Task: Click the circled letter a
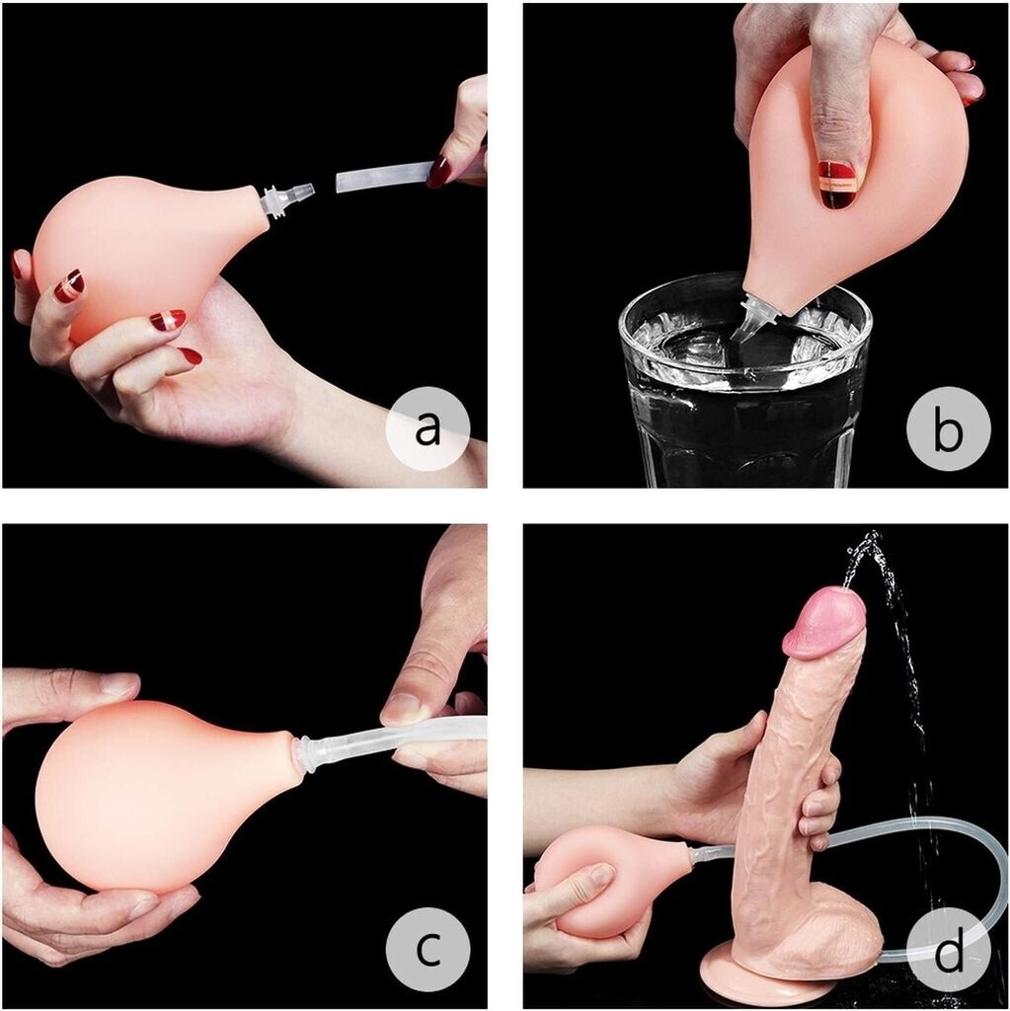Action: [427, 427]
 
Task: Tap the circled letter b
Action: [948, 427]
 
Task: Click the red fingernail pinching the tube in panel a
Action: [438, 171]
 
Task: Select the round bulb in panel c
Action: [161, 797]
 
